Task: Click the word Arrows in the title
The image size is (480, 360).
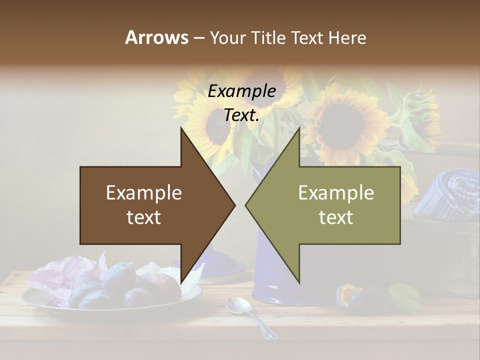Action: click(x=156, y=37)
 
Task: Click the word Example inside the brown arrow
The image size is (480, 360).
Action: click(x=144, y=192)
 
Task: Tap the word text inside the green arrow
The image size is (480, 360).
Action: click(x=336, y=217)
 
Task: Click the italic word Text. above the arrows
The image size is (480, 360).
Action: click(x=242, y=115)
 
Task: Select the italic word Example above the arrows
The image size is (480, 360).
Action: click(x=242, y=91)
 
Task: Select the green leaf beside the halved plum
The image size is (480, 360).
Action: click(x=405, y=297)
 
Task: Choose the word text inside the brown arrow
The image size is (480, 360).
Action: click(x=144, y=217)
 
